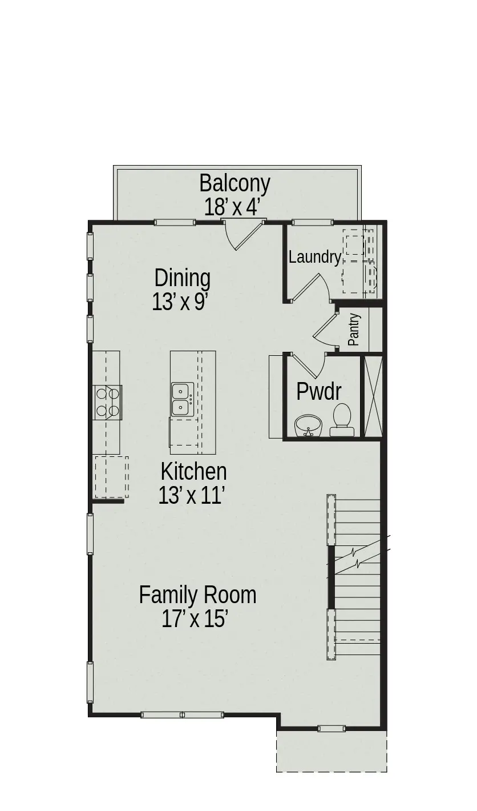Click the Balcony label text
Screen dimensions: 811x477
(235, 183)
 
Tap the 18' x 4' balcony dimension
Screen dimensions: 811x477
(232, 207)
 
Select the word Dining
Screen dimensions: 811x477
(182, 278)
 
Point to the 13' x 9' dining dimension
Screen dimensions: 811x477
(179, 302)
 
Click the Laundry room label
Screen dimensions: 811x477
(314, 257)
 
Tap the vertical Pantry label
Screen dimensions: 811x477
(354, 330)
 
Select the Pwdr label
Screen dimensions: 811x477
(319, 392)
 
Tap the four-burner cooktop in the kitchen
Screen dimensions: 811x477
(107, 402)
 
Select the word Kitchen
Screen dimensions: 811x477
(193, 472)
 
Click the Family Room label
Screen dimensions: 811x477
(197, 595)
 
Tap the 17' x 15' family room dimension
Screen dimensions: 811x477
(195, 619)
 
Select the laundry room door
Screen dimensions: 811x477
(308, 288)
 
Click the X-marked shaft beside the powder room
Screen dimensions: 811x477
(373, 396)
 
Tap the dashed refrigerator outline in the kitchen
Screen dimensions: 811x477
(111, 477)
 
